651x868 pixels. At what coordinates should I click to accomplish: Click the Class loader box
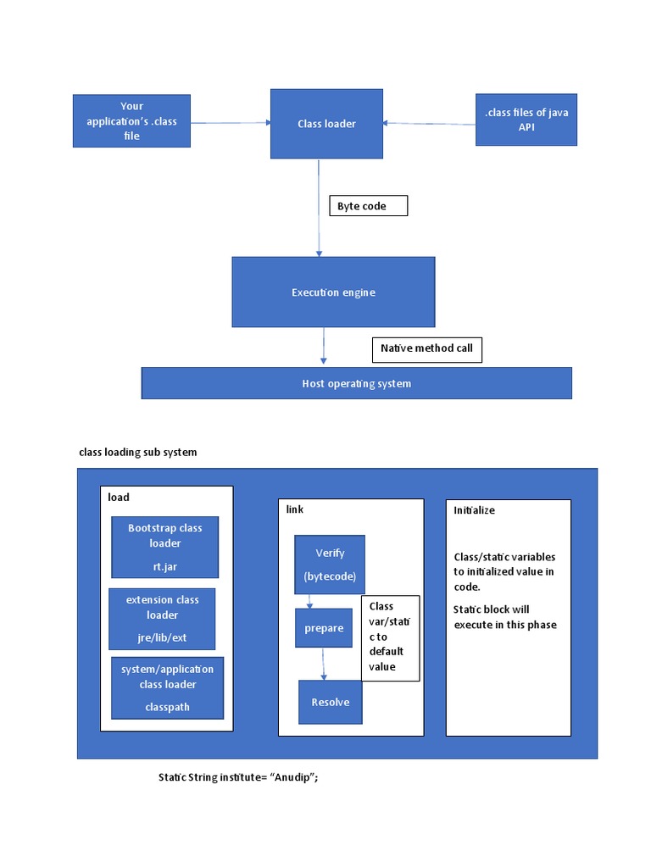(325, 124)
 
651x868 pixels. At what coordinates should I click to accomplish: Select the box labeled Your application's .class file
(131, 121)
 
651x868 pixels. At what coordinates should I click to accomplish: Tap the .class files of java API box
(526, 120)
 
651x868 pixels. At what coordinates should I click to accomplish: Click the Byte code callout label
(368, 206)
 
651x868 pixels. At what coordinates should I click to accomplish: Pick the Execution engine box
(333, 292)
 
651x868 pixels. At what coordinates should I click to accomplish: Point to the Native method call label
(426, 348)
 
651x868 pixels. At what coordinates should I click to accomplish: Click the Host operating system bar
(356, 383)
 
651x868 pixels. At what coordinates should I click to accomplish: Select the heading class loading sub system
(137, 452)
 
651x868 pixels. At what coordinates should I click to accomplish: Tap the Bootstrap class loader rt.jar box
(164, 547)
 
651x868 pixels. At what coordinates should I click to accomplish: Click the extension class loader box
(162, 618)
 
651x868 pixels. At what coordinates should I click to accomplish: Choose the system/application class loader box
(167, 687)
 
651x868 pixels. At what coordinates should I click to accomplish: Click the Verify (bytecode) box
(330, 564)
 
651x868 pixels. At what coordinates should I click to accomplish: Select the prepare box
(323, 628)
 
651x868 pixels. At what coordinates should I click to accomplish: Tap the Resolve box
(330, 702)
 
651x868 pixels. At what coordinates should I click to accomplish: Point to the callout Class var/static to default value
(389, 637)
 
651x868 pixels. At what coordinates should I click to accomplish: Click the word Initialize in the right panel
(474, 510)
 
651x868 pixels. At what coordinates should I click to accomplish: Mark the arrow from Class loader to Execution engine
(319, 208)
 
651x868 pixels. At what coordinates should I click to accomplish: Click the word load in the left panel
(119, 497)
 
